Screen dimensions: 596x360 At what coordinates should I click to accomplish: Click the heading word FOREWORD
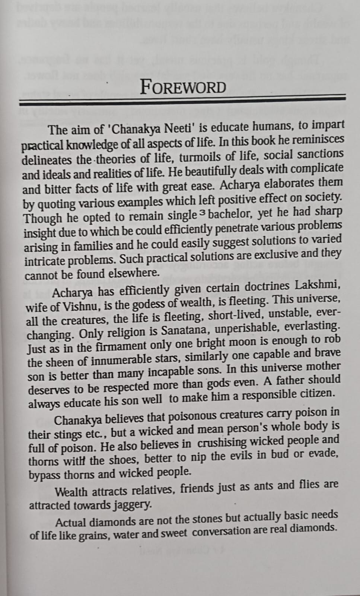point(183,88)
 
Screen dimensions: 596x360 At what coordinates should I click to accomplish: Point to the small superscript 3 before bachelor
point(202,213)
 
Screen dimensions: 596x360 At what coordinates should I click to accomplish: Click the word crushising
point(222,443)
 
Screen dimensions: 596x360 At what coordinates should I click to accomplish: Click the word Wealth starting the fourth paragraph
point(72,492)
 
